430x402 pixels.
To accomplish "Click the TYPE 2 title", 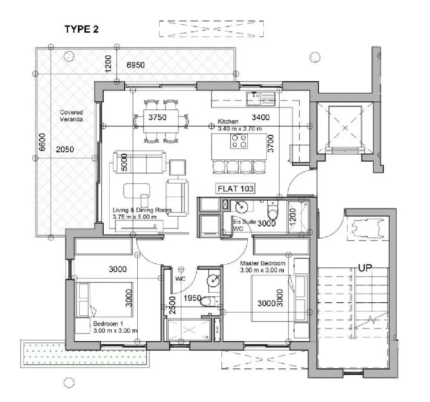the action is pos(81,29).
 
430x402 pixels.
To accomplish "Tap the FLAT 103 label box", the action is pos(236,188).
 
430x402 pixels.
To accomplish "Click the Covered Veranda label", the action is pos(71,116).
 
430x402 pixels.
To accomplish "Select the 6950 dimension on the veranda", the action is pos(136,65).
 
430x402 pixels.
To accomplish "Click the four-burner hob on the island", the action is pos(239,141).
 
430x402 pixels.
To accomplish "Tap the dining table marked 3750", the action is pos(161,121).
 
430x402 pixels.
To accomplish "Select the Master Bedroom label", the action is pos(262,267).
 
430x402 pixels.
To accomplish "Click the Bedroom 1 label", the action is pos(115,327).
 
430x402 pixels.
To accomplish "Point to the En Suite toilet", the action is pos(273,210).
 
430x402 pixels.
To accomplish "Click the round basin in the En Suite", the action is pos(241,206).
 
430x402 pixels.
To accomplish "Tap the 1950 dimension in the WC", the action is pos(192,298).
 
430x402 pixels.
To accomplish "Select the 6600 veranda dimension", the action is pos(42,142).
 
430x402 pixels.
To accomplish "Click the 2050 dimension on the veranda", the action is pos(65,149).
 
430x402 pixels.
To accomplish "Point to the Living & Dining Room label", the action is pos(142,213).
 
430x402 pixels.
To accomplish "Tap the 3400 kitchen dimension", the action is pos(260,117).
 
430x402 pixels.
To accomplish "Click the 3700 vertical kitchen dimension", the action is pos(271,143).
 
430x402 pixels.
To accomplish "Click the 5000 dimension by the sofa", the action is pos(124,162).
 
